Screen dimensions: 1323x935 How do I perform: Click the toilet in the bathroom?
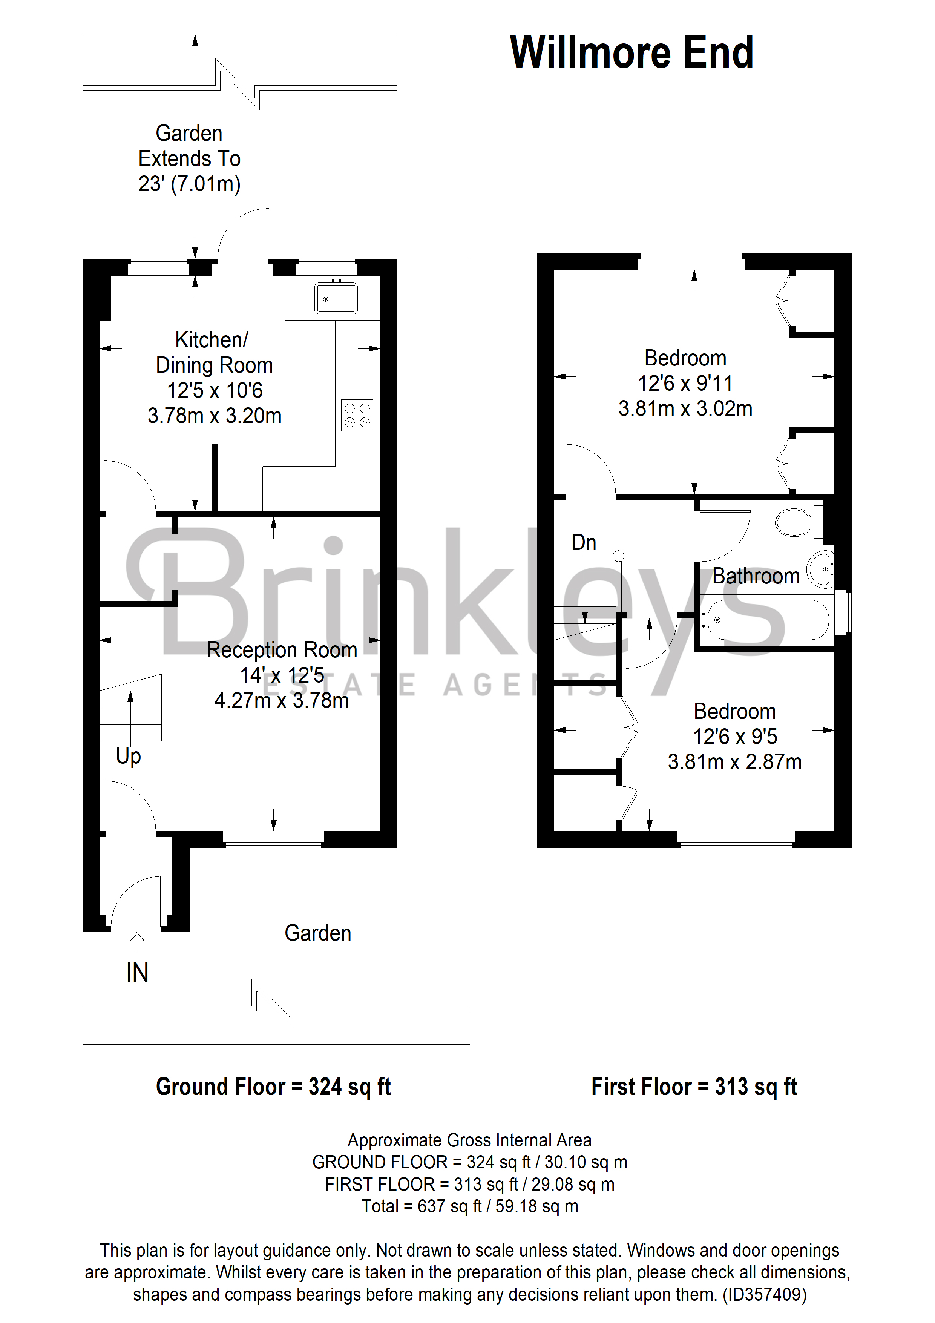[797, 522]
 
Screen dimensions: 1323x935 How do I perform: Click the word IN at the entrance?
[137, 973]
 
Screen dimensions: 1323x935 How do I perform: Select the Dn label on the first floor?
[584, 542]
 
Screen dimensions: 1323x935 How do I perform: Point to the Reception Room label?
[282, 650]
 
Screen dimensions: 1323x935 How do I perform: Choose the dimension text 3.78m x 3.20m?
[214, 416]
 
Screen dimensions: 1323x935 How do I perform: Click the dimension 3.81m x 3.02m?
[685, 408]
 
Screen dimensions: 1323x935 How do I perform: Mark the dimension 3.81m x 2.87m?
[734, 762]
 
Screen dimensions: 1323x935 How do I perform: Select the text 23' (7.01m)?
[189, 184]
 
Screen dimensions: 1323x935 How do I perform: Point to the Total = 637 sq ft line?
[469, 1206]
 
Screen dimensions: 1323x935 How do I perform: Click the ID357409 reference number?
[765, 1294]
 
